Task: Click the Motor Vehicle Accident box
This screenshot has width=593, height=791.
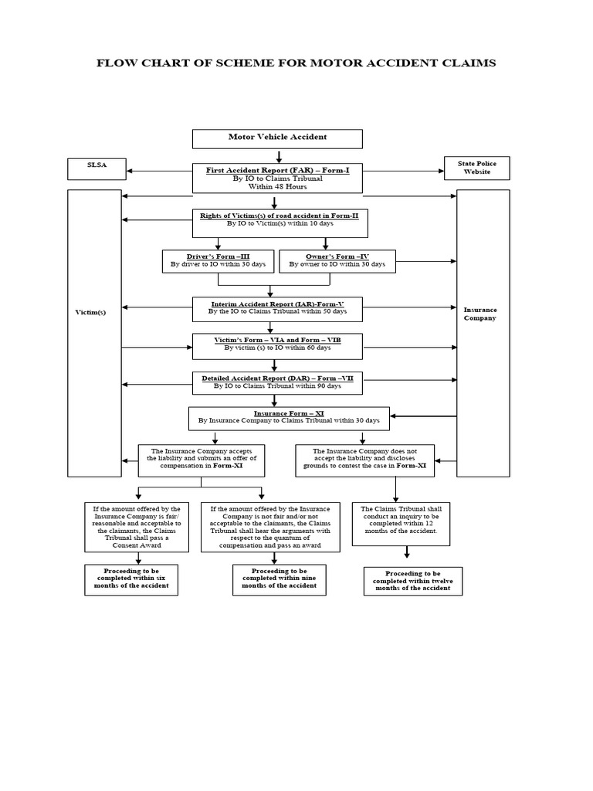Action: click(277, 137)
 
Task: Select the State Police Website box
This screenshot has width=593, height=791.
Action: click(476, 168)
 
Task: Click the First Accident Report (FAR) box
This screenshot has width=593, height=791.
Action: click(277, 177)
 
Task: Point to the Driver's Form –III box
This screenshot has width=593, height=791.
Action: click(218, 260)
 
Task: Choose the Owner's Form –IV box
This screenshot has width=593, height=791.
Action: click(337, 260)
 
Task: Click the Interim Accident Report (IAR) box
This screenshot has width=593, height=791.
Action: click(277, 308)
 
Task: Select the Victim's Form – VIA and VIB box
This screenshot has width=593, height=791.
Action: click(277, 345)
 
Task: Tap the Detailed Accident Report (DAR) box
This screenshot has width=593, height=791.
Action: click(277, 382)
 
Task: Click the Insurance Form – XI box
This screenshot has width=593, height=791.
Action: click(289, 418)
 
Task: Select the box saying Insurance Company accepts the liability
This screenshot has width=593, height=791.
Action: click(201, 460)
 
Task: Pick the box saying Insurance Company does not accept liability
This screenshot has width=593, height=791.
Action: click(364, 460)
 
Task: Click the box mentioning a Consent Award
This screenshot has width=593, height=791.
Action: click(137, 527)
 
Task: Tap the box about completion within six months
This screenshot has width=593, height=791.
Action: click(130, 579)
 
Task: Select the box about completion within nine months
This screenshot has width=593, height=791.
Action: click(279, 579)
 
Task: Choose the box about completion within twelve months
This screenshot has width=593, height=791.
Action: click(412, 581)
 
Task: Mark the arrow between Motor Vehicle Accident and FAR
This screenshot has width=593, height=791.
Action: click(279, 156)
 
